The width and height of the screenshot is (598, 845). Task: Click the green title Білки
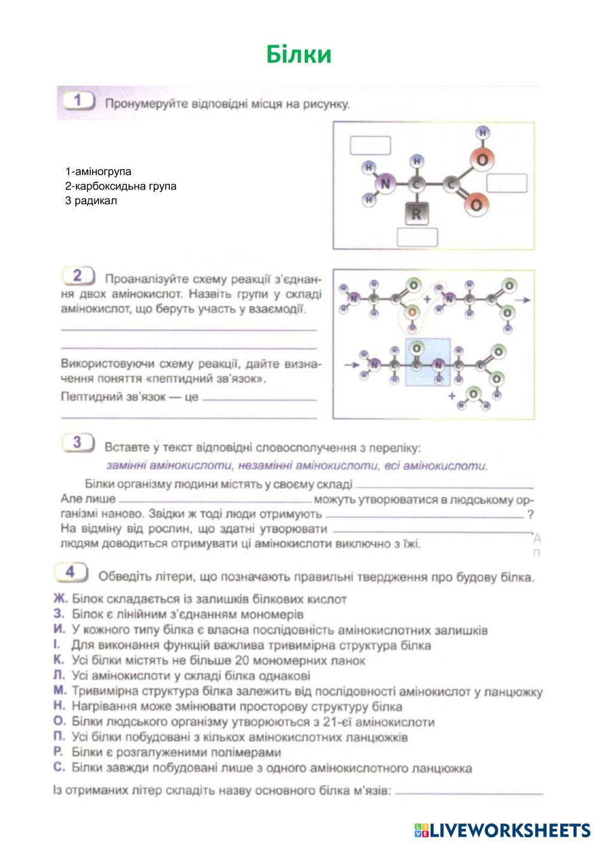coord(298,54)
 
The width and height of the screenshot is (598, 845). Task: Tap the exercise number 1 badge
coord(77,101)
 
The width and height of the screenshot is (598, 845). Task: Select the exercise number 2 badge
coord(78,276)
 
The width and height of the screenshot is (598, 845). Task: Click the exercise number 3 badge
coord(77,443)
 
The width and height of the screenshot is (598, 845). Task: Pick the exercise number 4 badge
coord(70,572)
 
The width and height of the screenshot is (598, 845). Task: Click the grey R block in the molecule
coord(416,214)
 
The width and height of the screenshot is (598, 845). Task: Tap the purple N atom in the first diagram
coord(385,184)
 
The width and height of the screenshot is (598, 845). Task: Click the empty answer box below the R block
coord(417,237)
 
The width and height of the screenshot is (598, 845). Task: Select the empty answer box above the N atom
coord(370,146)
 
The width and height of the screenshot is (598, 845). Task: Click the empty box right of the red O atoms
coord(507,183)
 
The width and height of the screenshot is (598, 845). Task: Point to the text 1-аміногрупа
coord(99,172)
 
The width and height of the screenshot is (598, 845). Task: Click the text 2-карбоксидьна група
coord(121,186)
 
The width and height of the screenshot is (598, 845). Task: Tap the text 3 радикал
coord(91,201)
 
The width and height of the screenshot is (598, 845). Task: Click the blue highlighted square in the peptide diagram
coord(428,362)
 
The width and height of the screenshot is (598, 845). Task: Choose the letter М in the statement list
coord(59,691)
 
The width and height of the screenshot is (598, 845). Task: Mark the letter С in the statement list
coord(58,768)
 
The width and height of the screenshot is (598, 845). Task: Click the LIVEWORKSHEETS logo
coord(502,830)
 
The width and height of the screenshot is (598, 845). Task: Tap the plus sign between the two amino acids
coord(427,298)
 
